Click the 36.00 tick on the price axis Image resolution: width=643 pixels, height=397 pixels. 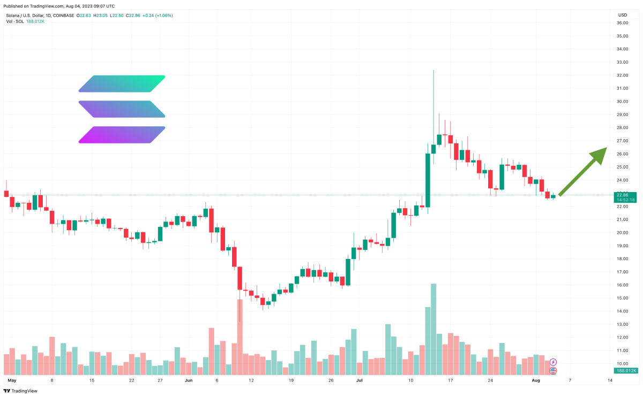(622, 23)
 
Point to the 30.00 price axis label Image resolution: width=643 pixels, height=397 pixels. (622, 102)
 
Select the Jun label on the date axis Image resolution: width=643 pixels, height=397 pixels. (188, 380)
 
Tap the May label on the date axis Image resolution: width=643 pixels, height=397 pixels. (12, 380)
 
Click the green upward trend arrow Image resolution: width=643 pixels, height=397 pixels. (584, 171)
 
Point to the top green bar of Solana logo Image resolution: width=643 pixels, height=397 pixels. (122, 83)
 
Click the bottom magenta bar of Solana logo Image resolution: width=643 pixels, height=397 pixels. (122, 135)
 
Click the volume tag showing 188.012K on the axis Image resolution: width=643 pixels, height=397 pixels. (625, 370)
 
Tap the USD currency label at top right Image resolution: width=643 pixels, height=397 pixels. (623, 15)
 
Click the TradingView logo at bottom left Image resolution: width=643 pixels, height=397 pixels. (20, 390)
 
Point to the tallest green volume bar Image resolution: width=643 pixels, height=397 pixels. (433, 329)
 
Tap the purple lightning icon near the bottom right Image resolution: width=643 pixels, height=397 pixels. (554, 362)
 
